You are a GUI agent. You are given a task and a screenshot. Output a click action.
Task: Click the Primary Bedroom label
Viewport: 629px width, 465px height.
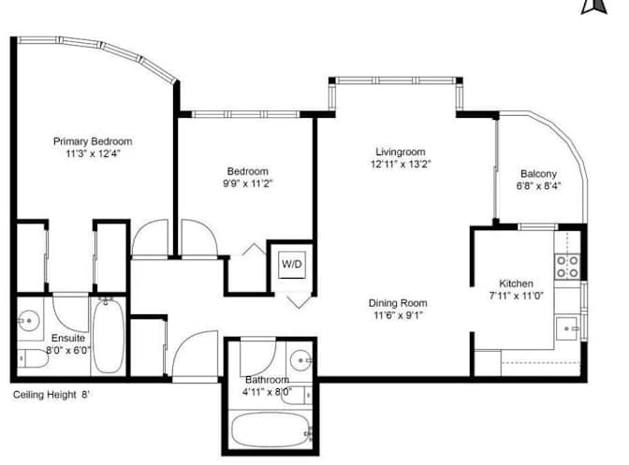coord(93,141)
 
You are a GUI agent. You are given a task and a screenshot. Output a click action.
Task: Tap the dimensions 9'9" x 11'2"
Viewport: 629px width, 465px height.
coord(248,183)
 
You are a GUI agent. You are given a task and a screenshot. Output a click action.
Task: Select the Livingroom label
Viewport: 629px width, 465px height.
coord(401,152)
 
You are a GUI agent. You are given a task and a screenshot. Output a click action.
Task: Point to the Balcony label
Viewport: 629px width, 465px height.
coord(538,174)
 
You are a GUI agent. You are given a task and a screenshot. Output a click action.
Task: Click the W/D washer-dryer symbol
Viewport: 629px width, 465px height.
coord(292,264)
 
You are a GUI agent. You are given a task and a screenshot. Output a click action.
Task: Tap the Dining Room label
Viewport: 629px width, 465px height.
coord(398,303)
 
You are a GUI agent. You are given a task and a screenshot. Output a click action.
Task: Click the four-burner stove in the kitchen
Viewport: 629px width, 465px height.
coord(567,267)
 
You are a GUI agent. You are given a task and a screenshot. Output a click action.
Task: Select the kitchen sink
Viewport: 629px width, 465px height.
coord(567,328)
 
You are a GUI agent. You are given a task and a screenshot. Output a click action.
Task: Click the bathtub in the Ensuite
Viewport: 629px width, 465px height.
coord(109,336)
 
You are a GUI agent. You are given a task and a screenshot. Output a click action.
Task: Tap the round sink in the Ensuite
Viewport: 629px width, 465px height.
coord(29,321)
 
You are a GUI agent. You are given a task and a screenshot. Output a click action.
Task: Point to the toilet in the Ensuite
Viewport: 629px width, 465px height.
coord(33,358)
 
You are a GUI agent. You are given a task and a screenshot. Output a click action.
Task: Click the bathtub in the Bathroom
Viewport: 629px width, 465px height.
coord(271,430)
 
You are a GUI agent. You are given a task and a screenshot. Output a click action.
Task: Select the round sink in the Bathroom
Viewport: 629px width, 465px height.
coord(300,360)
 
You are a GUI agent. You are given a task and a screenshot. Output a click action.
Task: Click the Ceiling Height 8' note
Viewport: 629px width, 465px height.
coord(51,395)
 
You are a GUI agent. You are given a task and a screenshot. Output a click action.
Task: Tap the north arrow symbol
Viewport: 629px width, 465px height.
coord(594,7)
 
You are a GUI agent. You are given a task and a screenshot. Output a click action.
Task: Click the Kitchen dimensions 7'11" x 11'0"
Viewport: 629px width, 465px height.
coord(517,296)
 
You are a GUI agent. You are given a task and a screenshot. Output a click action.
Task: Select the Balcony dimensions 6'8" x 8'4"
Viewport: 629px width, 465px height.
coord(538,186)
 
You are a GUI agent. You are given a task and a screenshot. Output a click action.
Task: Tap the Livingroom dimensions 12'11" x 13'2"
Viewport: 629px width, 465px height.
coord(401,164)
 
